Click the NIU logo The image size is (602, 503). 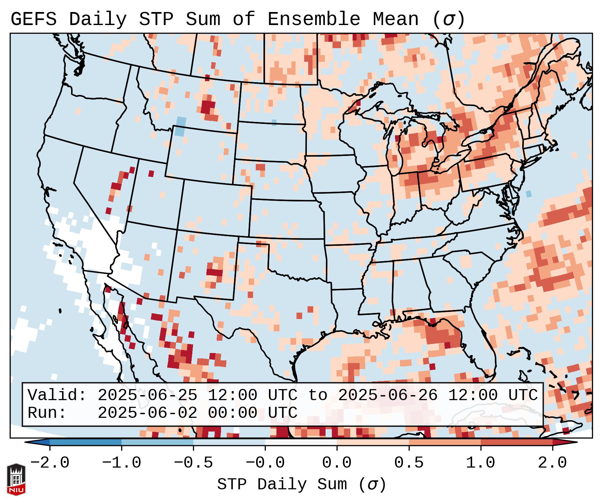[x=16, y=479]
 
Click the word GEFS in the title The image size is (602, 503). [x=33, y=19]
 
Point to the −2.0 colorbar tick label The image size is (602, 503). [x=49, y=463]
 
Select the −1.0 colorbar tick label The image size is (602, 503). [x=121, y=463]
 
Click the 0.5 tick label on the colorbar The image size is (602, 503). [x=409, y=463]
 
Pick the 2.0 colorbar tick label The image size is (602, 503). [x=552, y=463]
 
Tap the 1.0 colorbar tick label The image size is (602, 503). [x=480, y=463]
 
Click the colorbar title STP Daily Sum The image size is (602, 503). [x=282, y=485]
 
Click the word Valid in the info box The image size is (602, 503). [x=57, y=395]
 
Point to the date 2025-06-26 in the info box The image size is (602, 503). [x=388, y=395]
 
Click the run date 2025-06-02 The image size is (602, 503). [x=147, y=413]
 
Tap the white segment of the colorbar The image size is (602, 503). [x=301, y=442]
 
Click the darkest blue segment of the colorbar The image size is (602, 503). [x=85, y=442]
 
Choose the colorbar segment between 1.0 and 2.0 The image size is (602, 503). [x=517, y=442]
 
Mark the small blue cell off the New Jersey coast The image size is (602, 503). [x=529, y=193]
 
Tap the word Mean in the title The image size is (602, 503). [x=396, y=19]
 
